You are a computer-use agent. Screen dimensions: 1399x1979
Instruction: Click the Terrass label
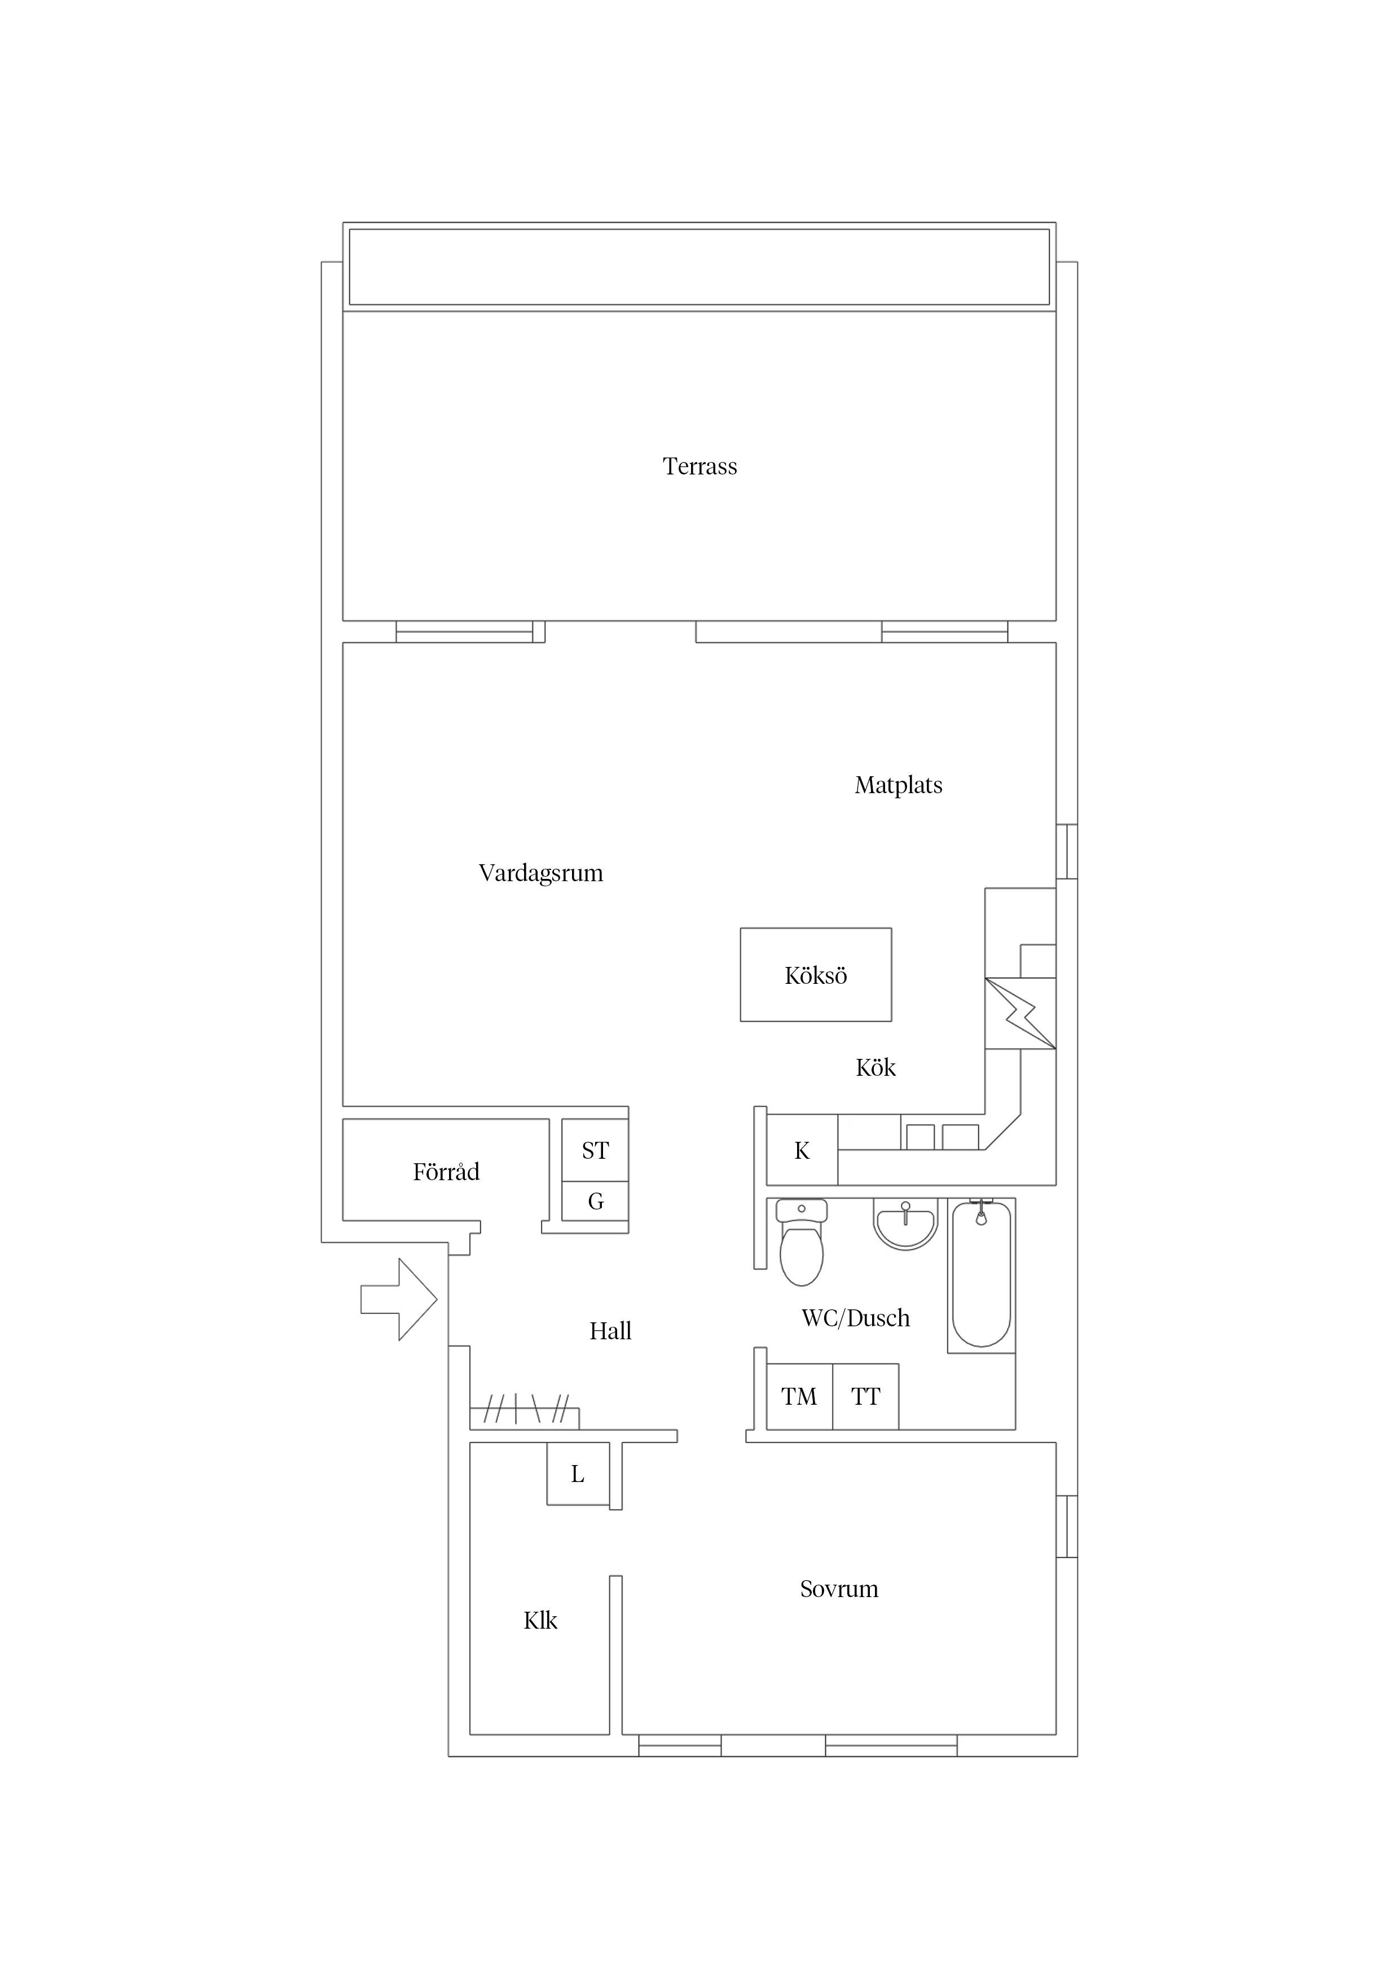[700, 467]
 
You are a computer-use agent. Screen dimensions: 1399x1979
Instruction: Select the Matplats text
[898, 785]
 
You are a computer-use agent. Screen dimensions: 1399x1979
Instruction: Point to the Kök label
[876, 1067]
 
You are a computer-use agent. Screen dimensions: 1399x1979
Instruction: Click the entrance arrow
[398, 1299]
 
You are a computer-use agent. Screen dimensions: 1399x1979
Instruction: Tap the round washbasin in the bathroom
[905, 1223]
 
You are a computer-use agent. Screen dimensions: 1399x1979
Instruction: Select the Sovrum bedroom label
[839, 1589]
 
